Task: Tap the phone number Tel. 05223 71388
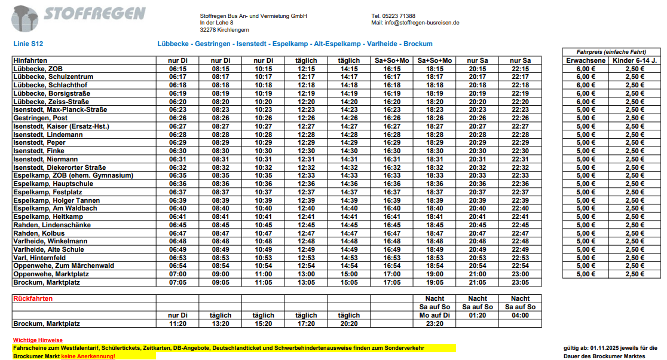click(x=393, y=16)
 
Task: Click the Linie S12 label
click(x=28, y=44)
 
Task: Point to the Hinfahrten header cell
click(x=30, y=60)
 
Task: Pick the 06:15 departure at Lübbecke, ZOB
click(x=178, y=69)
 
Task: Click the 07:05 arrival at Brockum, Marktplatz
click(x=178, y=282)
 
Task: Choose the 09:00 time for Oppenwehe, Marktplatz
click(x=221, y=274)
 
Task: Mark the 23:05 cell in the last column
click(x=520, y=282)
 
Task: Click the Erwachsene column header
click(x=586, y=60)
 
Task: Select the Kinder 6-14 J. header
click(x=634, y=60)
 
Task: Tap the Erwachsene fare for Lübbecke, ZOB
click(x=586, y=69)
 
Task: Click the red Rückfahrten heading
click(x=33, y=298)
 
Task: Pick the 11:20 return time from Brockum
click(x=178, y=324)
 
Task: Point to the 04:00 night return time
click(x=520, y=315)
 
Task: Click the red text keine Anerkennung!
click(x=88, y=356)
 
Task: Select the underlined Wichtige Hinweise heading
click(x=37, y=340)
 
